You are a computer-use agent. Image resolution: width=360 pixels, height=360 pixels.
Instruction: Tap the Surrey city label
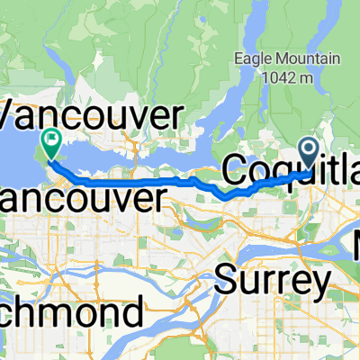[273, 281]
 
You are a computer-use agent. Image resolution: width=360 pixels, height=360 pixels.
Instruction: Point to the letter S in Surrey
[226, 281]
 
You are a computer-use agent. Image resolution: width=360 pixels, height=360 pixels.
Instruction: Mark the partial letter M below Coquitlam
[355, 242]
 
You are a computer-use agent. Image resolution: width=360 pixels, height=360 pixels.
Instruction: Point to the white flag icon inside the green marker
[50, 139]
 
